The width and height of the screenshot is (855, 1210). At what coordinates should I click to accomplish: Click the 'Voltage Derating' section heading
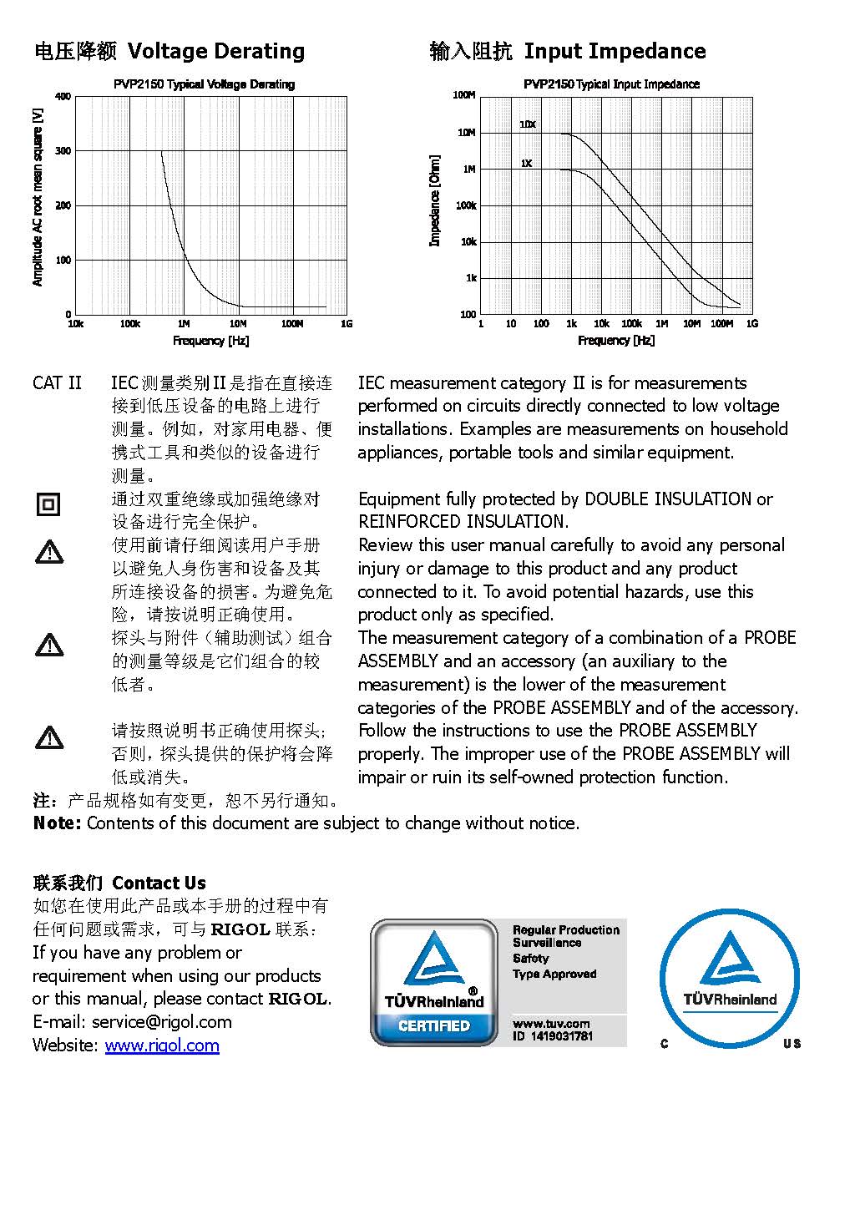215,52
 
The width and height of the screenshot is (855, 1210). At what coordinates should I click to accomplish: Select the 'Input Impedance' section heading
615,52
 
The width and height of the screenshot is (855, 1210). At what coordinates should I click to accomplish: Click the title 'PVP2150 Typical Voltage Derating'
204,84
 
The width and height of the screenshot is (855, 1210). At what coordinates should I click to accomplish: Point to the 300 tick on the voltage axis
63,151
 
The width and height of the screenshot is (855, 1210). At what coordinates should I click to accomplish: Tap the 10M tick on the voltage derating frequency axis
238,324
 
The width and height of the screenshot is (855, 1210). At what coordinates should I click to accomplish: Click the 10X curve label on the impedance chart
528,124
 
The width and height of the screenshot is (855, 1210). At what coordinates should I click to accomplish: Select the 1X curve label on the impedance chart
526,164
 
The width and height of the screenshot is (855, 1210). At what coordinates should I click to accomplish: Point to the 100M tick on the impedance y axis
464,95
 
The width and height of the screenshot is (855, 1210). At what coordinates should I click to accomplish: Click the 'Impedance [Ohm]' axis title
434,200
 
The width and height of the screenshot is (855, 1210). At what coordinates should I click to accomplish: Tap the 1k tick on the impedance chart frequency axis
571,324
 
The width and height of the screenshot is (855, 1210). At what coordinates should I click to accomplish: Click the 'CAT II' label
58,383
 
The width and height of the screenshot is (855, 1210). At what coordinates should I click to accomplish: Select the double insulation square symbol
48,504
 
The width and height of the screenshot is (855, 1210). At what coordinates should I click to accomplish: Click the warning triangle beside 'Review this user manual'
49,551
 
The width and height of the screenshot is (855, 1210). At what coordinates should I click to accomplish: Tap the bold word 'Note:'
57,823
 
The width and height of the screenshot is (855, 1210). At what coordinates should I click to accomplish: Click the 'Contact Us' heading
159,883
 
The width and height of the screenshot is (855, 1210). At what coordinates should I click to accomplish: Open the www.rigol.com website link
162,1045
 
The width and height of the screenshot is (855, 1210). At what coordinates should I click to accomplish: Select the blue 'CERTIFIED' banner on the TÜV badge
433,1026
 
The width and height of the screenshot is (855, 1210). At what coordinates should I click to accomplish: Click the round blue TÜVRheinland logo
730,978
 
